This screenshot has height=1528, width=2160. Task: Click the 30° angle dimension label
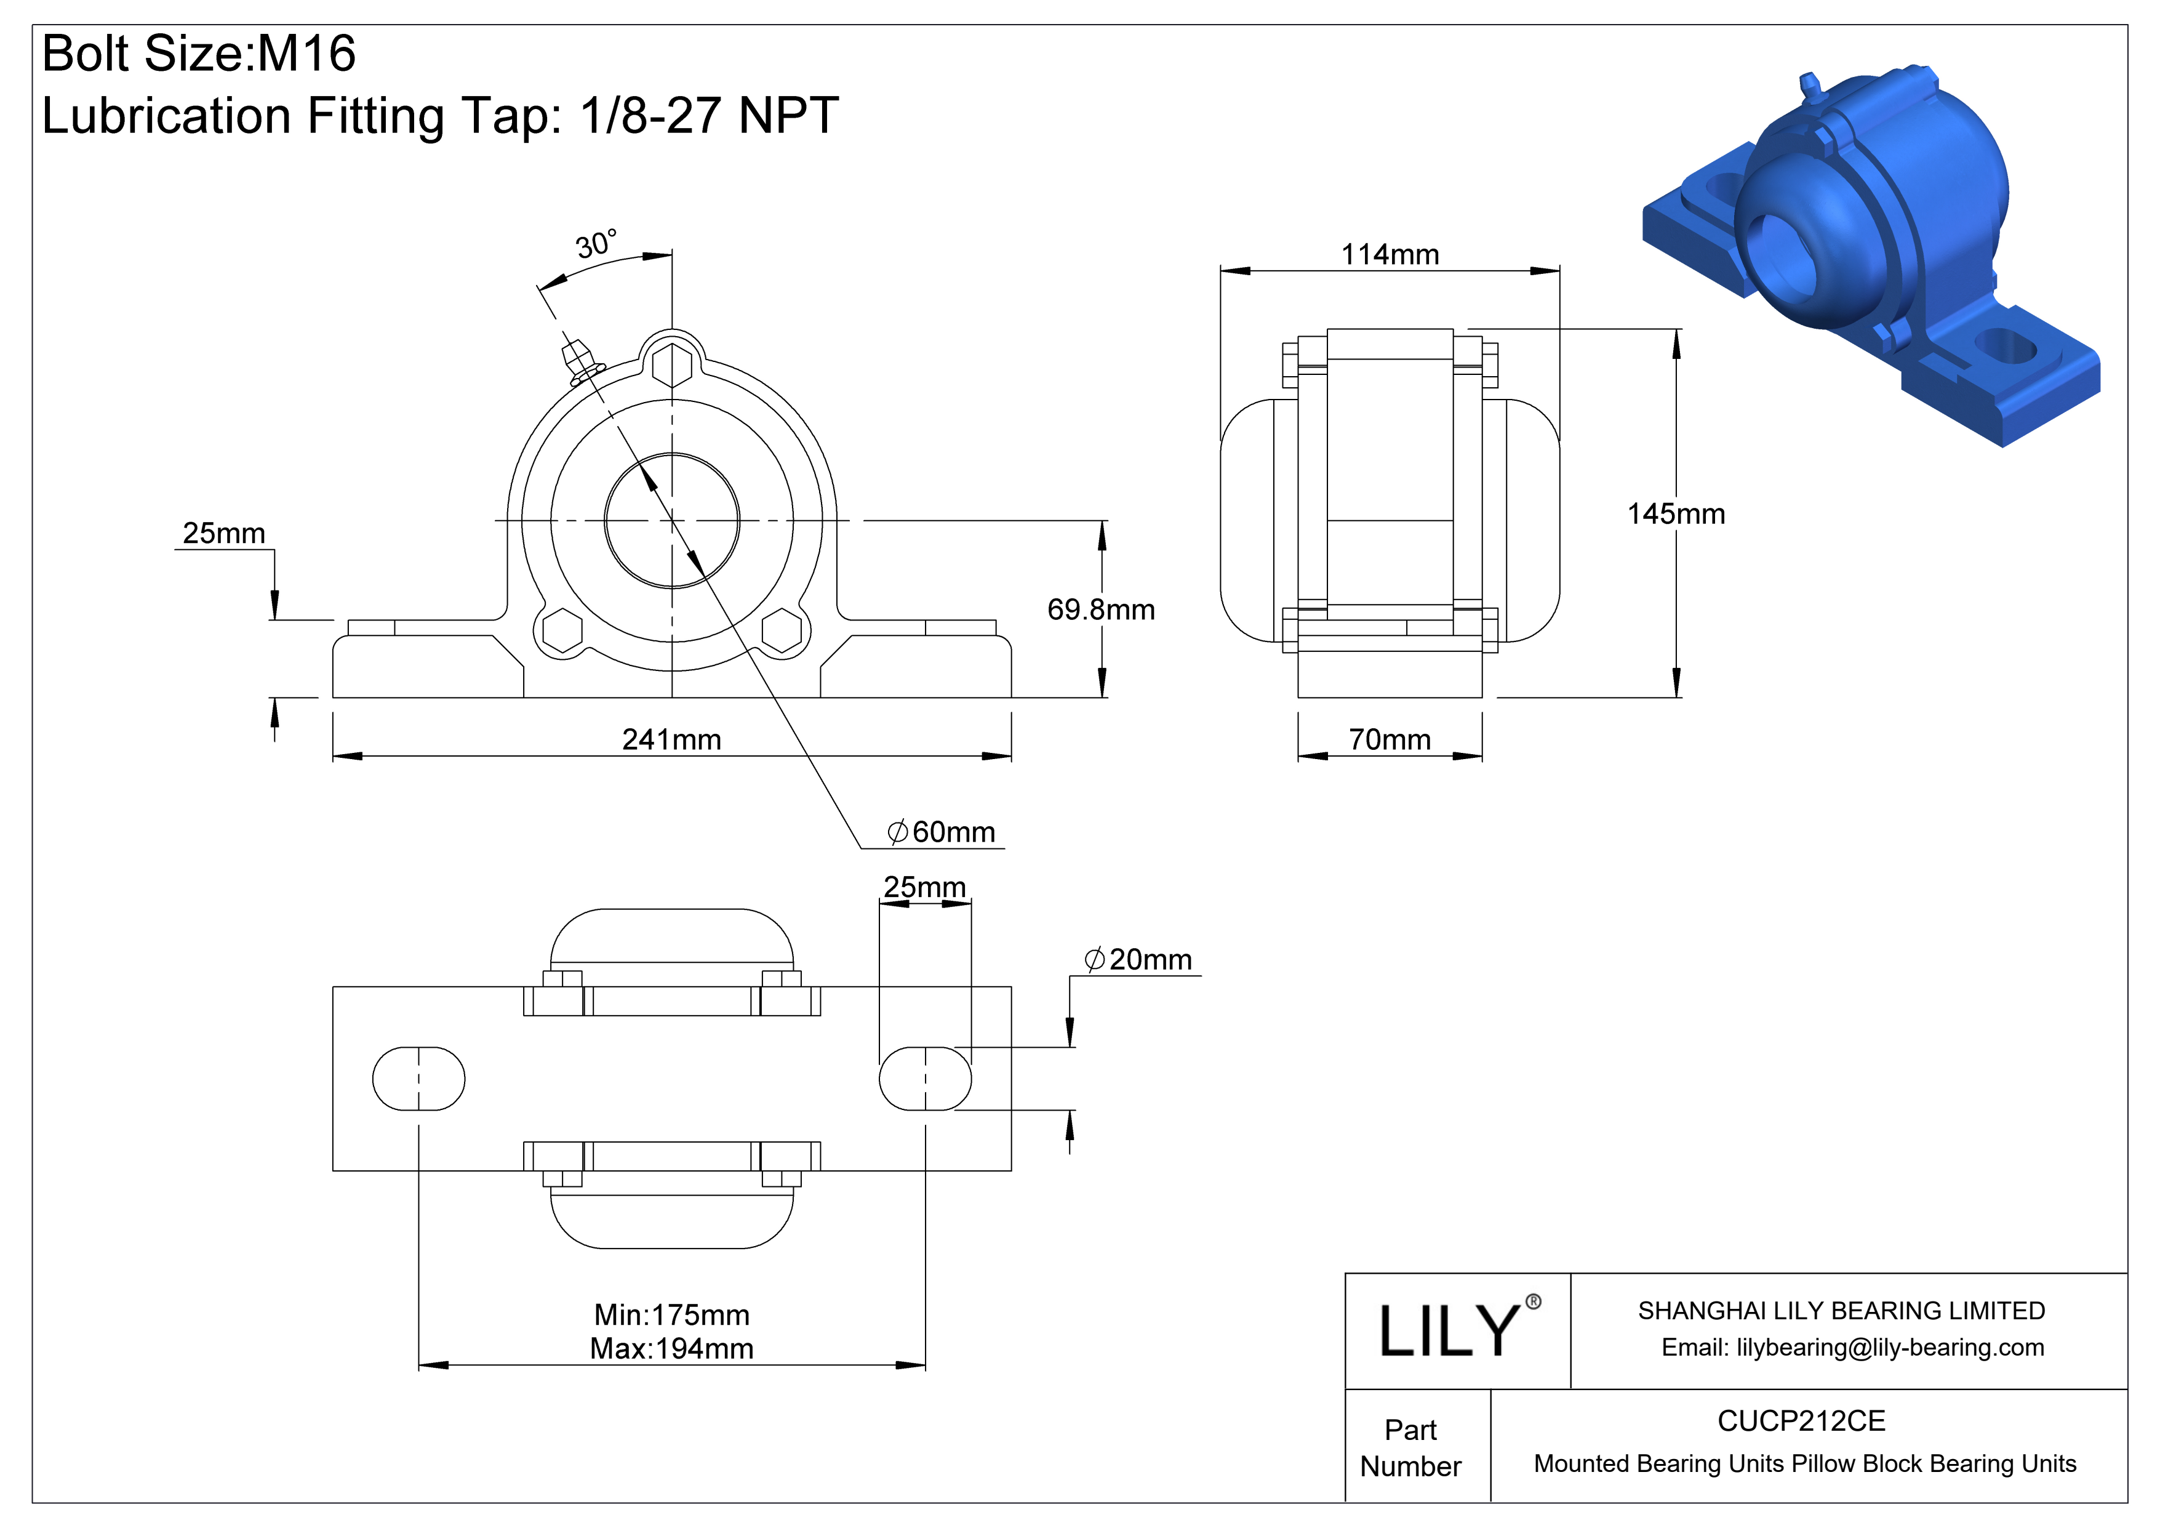coord(596,244)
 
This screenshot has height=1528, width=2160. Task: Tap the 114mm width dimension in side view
coord(1390,254)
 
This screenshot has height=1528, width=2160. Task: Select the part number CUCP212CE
coord(1801,1421)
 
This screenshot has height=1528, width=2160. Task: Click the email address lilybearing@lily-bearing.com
coord(1889,1348)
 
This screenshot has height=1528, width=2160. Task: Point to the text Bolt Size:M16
coord(199,53)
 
